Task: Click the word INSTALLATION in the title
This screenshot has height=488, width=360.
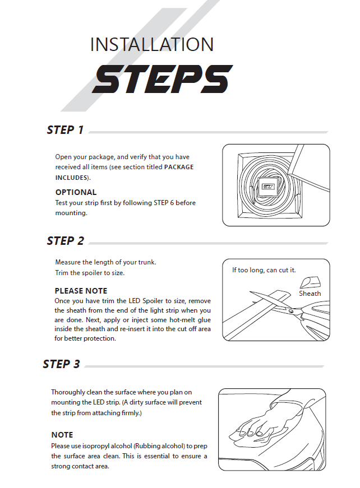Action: click(x=152, y=45)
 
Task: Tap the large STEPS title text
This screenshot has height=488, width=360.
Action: click(x=162, y=80)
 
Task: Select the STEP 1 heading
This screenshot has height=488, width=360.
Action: click(x=65, y=130)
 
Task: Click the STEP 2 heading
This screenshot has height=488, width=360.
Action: click(x=65, y=241)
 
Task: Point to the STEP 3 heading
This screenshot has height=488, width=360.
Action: click(x=61, y=364)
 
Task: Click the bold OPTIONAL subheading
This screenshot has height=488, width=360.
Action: click(x=76, y=192)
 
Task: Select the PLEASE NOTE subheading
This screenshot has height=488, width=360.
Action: click(x=81, y=291)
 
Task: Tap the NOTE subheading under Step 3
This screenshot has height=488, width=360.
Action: click(x=62, y=435)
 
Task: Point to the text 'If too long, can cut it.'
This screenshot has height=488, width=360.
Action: click(x=264, y=270)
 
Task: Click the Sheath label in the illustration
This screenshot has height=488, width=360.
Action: click(x=310, y=293)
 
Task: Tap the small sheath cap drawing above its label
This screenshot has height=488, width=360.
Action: click(x=306, y=282)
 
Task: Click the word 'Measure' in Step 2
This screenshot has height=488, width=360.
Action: click(x=69, y=262)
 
